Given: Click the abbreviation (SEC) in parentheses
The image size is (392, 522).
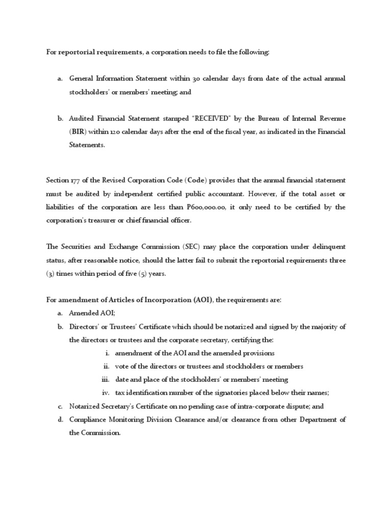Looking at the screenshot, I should click(188, 247).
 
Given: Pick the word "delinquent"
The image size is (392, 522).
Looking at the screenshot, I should click(325, 247).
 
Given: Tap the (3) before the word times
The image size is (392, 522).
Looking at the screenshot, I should click(50, 273).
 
